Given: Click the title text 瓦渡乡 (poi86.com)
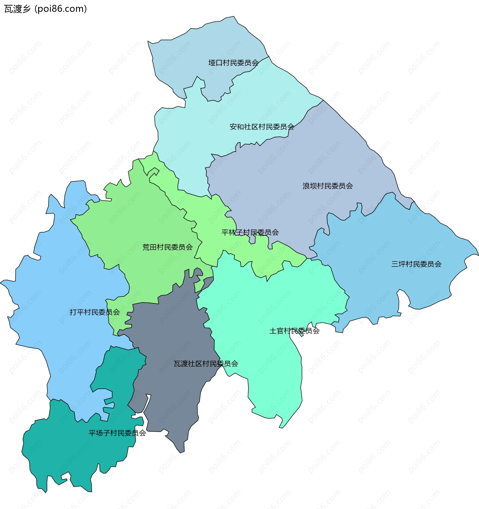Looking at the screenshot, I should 46,9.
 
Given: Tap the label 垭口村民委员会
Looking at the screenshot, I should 233,63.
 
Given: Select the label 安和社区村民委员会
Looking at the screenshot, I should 262,127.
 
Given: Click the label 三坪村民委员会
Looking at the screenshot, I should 416,264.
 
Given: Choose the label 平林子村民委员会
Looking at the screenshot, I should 250,233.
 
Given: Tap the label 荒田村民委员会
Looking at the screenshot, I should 167,247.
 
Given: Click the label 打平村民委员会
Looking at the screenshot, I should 95,312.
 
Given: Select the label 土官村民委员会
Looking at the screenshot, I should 294,331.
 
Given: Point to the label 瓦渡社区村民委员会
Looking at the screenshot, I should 206,364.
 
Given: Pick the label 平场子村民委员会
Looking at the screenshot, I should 117,433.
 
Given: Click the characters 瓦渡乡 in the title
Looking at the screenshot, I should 17,9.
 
